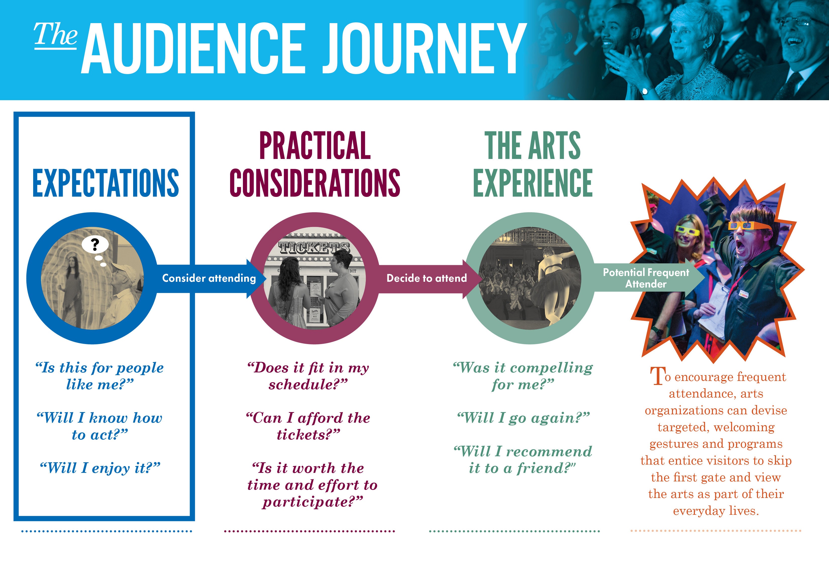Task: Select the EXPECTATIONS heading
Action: (106, 183)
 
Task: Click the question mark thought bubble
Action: (95, 246)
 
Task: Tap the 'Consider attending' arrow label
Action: (209, 278)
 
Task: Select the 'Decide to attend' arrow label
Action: (427, 278)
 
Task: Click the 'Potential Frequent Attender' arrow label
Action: (646, 278)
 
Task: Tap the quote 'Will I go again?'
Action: (523, 418)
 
